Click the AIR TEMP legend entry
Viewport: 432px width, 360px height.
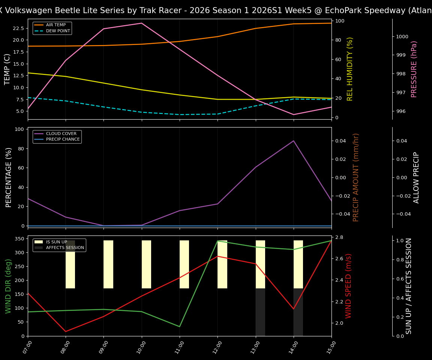point(55,25)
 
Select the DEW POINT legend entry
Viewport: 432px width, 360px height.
point(58,31)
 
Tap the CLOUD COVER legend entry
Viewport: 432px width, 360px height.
point(61,133)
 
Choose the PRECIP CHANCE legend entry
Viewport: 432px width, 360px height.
point(63,139)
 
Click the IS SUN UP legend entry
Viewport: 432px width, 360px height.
point(57,242)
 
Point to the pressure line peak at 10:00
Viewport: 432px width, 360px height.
point(142,23)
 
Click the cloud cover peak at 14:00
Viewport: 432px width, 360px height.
point(294,141)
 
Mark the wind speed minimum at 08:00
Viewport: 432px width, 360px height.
point(66,331)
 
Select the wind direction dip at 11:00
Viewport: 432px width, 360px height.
point(180,327)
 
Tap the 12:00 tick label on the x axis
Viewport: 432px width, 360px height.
point(217,346)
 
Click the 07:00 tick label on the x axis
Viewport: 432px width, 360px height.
point(27,346)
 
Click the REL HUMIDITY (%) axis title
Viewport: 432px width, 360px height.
point(350,69)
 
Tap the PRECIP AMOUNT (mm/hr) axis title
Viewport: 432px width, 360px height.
point(356,177)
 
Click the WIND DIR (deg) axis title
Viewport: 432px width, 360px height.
point(8,286)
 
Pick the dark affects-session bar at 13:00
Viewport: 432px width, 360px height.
point(260,312)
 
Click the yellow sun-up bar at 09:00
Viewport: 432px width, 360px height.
point(108,264)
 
